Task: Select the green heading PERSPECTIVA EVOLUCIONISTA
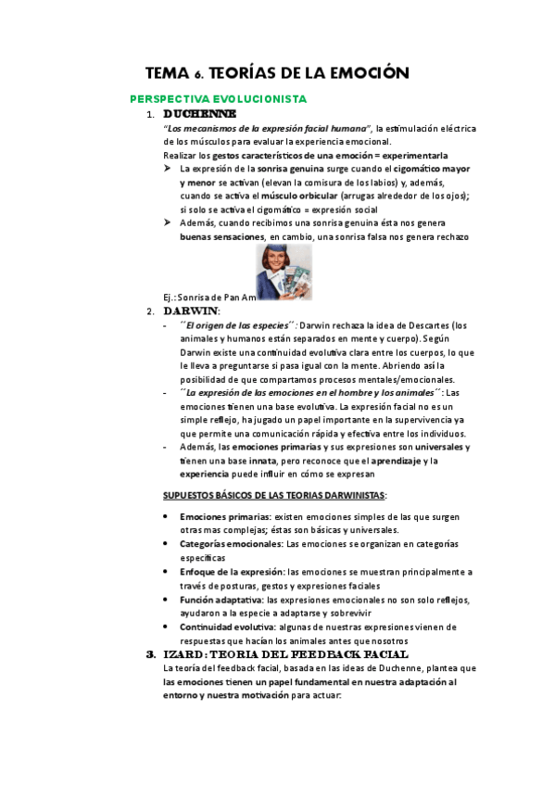pos(219,98)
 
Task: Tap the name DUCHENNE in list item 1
pos(197,114)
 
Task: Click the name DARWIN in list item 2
pos(190,311)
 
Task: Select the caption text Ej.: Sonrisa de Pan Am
pos(208,297)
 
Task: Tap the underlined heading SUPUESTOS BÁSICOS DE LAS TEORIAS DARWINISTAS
pos(275,494)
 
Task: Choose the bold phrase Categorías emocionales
pos(231,544)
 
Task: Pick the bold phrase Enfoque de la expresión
pos(232,572)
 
